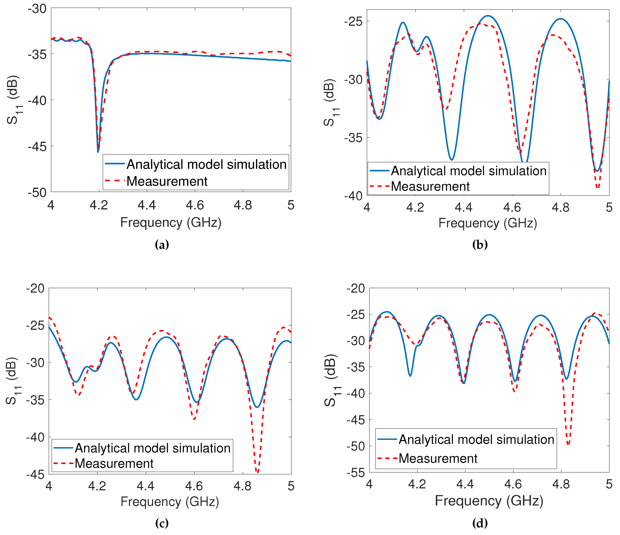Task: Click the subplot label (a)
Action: (x=162, y=245)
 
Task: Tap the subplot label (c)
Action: (x=162, y=523)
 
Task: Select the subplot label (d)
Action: (x=480, y=523)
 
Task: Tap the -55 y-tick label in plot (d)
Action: (x=356, y=473)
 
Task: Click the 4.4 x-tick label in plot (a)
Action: (x=147, y=205)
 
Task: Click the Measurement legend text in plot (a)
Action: (x=167, y=181)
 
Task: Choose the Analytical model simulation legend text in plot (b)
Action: (x=469, y=171)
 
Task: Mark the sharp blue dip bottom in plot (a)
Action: (x=98, y=152)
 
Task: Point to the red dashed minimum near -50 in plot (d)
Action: (x=568, y=444)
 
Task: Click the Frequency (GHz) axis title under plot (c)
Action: (x=170, y=502)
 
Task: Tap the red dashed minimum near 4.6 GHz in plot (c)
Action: (x=194, y=419)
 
